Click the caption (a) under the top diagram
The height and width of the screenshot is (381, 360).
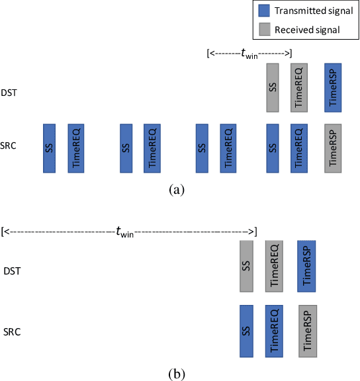pos(177,190)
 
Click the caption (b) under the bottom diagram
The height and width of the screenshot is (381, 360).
pos(177,374)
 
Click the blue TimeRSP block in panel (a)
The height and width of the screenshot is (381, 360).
pos(334,87)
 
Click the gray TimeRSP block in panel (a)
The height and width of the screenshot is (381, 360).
pos(334,148)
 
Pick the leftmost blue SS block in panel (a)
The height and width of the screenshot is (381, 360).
pos(49,148)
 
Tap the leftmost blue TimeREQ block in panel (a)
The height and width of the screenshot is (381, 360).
pos(75,148)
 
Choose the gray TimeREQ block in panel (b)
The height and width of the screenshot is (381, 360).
pos(275,266)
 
